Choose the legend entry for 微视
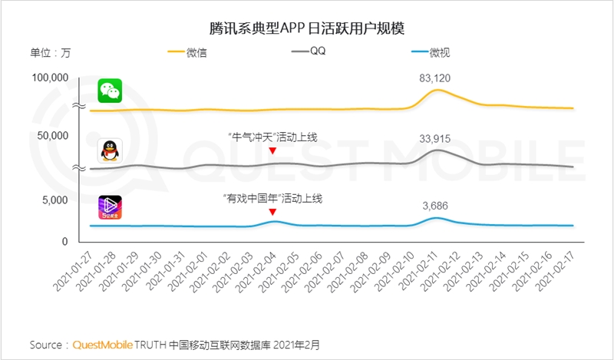coord(441,52)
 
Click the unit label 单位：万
coord(51,52)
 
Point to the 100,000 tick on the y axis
coord(50,78)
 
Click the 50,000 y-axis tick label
coord(53,136)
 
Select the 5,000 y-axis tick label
coord(56,200)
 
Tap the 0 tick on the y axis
coord(64,241)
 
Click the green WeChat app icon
coord(110,91)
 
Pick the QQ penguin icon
coord(110,150)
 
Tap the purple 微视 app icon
coord(110,207)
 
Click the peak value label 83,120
coord(434,78)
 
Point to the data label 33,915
coord(434,138)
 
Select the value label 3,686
coord(434,206)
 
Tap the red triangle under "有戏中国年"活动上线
coord(272,212)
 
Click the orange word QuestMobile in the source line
coord(102,344)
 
